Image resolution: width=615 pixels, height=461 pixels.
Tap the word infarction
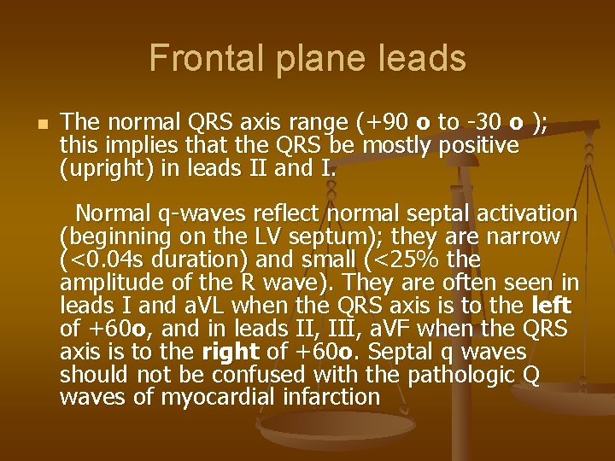pos(325,398)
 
